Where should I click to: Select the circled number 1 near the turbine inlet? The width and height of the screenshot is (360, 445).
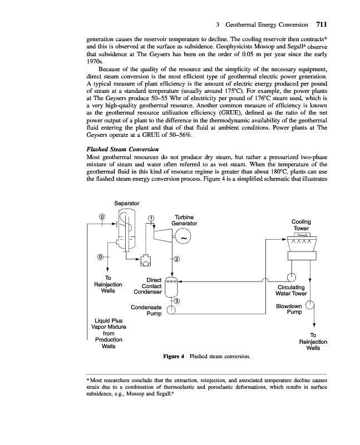151,217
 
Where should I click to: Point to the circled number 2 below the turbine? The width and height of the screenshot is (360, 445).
176,259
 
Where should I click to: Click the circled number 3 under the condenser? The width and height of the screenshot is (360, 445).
176,301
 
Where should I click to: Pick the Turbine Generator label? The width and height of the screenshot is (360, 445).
184,220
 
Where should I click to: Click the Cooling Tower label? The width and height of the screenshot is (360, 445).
302,225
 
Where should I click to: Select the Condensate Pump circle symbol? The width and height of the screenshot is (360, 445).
172,312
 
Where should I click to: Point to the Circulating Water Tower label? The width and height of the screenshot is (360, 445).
297,290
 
